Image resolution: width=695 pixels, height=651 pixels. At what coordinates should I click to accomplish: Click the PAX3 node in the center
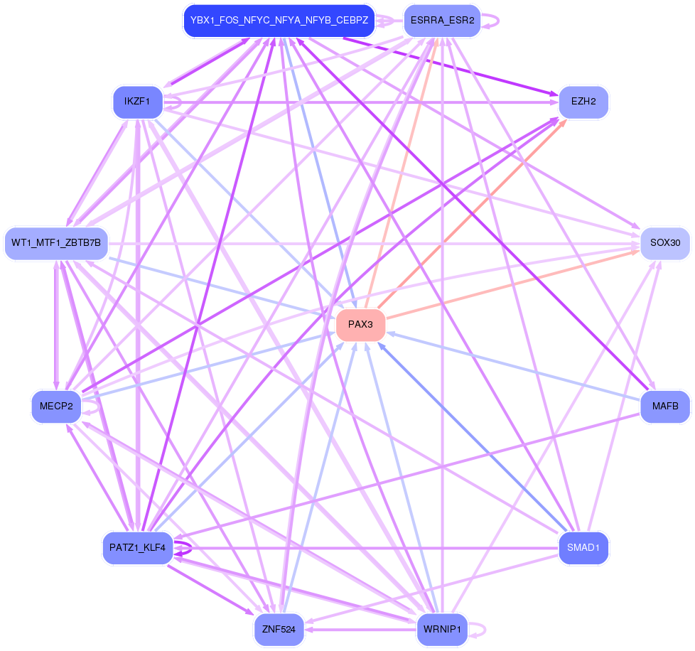[360, 325]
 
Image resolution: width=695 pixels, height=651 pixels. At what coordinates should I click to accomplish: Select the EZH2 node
[583, 102]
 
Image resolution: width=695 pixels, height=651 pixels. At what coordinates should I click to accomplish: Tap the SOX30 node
[664, 243]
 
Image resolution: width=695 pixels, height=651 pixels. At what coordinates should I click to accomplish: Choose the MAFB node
[665, 407]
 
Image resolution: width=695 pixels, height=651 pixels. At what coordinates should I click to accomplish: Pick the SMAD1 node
[583, 547]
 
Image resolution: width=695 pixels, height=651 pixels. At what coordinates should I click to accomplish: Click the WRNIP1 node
[442, 629]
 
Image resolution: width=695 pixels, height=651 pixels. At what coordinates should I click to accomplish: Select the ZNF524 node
[279, 629]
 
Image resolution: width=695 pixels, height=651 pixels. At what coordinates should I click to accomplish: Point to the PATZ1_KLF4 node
[138, 547]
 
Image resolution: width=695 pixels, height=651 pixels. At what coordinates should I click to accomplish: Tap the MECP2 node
[56, 407]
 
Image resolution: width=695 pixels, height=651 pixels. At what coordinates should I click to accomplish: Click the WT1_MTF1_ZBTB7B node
[56, 243]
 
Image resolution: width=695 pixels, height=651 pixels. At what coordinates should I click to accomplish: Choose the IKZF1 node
[137, 102]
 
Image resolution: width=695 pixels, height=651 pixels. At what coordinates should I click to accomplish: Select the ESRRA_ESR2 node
[442, 21]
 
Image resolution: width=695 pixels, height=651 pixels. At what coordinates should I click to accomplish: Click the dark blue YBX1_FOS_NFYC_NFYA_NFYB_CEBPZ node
[279, 21]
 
